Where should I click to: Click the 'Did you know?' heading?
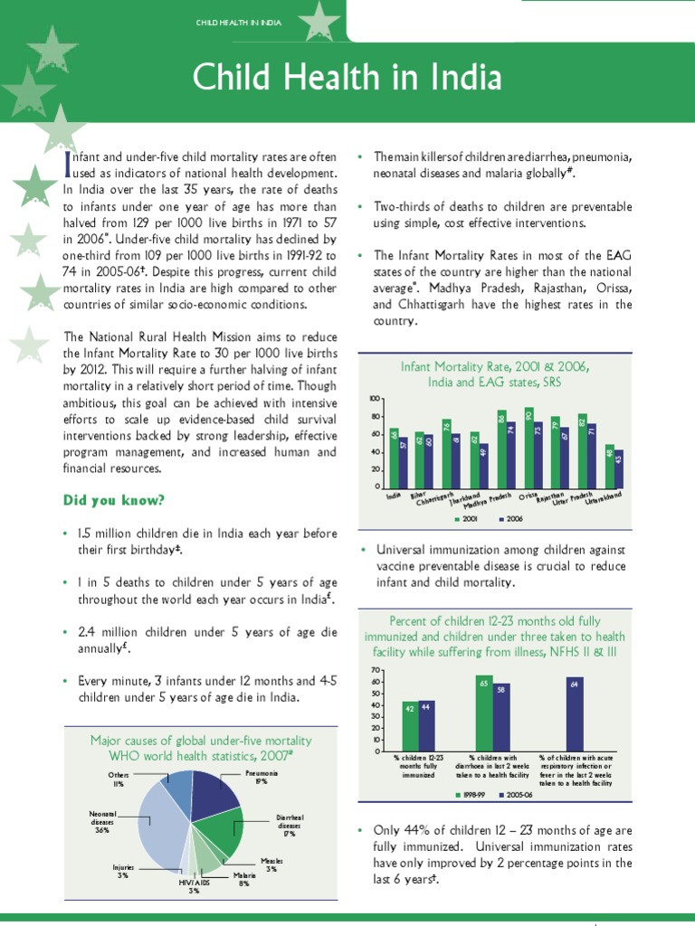(101, 500)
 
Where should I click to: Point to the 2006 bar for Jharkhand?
(483, 465)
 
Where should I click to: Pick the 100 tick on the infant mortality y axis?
(375, 399)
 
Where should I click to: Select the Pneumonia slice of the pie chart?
(214, 791)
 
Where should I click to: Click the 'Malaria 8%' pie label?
(243, 879)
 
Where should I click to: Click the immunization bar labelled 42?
(410, 726)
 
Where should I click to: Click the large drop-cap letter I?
(66, 164)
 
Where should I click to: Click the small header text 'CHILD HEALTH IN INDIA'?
(238, 21)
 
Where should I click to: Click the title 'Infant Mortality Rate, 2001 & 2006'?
(495, 367)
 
